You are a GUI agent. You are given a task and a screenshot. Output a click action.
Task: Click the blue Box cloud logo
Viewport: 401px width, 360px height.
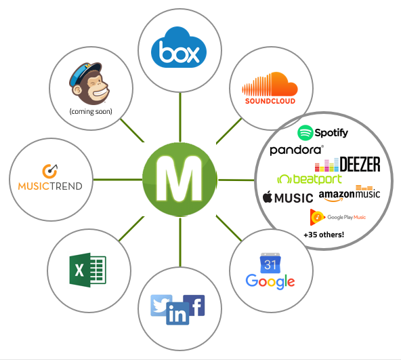(x=179, y=47)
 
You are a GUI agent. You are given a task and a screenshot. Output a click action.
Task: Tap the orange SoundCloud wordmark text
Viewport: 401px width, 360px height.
(x=270, y=101)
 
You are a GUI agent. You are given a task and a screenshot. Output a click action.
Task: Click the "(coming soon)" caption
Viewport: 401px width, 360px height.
(x=91, y=112)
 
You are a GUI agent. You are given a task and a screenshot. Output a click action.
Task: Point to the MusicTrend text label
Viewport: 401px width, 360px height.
(x=50, y=186)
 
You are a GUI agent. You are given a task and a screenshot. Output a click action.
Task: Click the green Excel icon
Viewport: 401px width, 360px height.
(x=88, y=270)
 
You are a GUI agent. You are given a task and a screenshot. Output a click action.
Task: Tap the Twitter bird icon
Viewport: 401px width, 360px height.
(x=161, y=305)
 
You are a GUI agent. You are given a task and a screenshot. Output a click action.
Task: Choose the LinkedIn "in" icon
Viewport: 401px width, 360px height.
(x=177, y=314)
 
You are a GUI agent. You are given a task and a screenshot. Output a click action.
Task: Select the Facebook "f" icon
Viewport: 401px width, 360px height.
(x=195, y=305)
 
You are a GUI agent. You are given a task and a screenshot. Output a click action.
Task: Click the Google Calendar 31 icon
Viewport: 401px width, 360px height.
(x=270, y=263)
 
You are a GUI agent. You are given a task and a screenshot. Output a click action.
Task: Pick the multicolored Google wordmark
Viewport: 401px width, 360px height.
(x=270, y=281)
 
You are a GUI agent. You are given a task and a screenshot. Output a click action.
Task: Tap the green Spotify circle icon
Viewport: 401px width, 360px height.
(x=305, y=133)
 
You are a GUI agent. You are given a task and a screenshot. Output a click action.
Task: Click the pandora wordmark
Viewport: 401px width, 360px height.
(x=297, y=150)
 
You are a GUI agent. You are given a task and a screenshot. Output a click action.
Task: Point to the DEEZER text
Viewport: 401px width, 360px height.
(x=360, y=164)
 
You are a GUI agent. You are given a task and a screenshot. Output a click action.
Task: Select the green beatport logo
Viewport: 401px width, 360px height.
(x=310, y=179)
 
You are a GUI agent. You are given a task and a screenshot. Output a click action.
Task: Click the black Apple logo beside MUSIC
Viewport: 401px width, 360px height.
(x=268, y=197)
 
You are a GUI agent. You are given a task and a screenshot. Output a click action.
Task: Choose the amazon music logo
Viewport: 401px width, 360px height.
(x=350, y=194)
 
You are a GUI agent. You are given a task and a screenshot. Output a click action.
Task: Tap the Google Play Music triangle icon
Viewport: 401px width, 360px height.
(x=317, y=217)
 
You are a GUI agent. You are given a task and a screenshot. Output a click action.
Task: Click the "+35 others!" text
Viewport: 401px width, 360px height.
(x=324, y=235)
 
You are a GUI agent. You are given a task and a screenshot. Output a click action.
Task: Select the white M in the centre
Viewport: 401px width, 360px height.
(x=180, y=178)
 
